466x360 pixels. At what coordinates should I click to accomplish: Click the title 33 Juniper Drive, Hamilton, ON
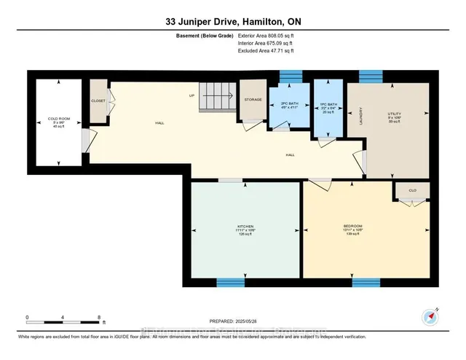[x=233, y=23]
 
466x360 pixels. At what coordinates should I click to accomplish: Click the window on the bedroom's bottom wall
[x=366, y=281]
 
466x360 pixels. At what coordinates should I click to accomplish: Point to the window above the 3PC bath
[x=291, y=76]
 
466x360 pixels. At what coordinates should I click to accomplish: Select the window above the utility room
[x=371, y=75]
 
